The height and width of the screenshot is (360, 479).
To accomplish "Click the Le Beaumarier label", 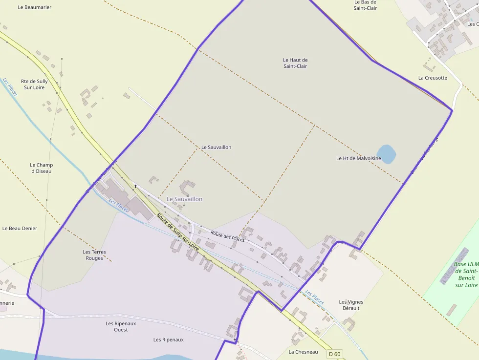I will pos(34,7).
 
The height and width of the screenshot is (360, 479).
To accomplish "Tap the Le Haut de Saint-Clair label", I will pos(295,63).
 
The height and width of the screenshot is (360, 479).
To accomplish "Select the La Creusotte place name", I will pos(433,78).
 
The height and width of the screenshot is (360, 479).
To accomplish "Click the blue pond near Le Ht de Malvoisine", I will pos(386,154).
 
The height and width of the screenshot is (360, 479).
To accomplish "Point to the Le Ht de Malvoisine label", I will pos(358,158).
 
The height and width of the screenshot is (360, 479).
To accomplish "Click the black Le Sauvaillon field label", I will pos(216,147).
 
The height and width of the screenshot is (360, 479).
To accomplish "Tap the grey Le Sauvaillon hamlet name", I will pos(184,199).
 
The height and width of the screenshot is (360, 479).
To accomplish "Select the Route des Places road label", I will pos(227,235).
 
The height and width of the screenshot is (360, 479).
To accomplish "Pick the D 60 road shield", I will pos(334,354).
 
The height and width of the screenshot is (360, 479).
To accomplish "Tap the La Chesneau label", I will pos(303,352).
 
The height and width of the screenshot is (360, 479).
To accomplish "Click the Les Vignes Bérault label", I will pos(351,305).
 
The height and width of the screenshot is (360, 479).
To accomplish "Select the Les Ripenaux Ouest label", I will pos(121,326).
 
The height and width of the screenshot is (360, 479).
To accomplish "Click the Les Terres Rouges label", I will pos(94,255).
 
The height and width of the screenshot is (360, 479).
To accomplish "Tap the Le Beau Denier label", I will pos(20,228).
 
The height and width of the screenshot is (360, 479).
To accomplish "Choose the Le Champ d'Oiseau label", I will pos(41,168).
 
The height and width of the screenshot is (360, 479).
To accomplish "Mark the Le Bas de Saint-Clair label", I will pos(365,5).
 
